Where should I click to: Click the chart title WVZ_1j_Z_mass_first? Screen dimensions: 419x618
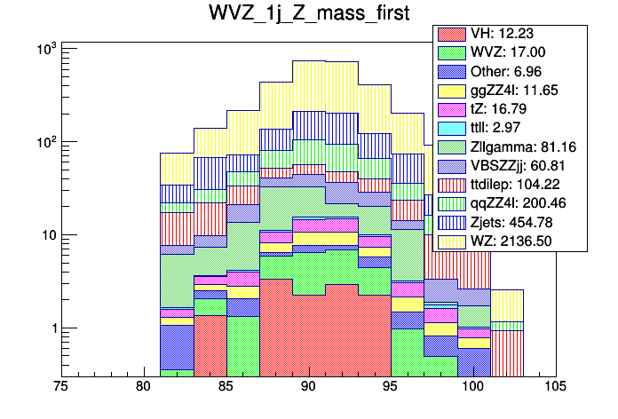(308, 16)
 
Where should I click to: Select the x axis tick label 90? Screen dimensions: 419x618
(308, 387)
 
